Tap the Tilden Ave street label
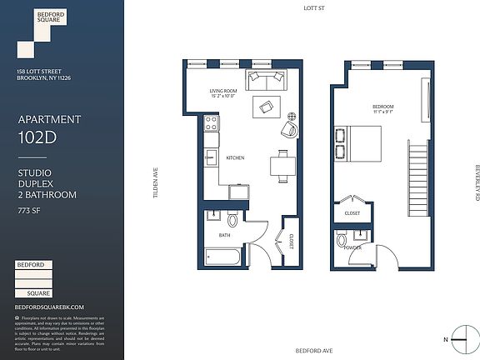[x=155, y=180]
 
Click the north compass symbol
[x=457, y=338]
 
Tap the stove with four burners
[x=212, y=124]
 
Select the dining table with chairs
[x=282, y=163]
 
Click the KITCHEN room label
[x=235, y=157]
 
